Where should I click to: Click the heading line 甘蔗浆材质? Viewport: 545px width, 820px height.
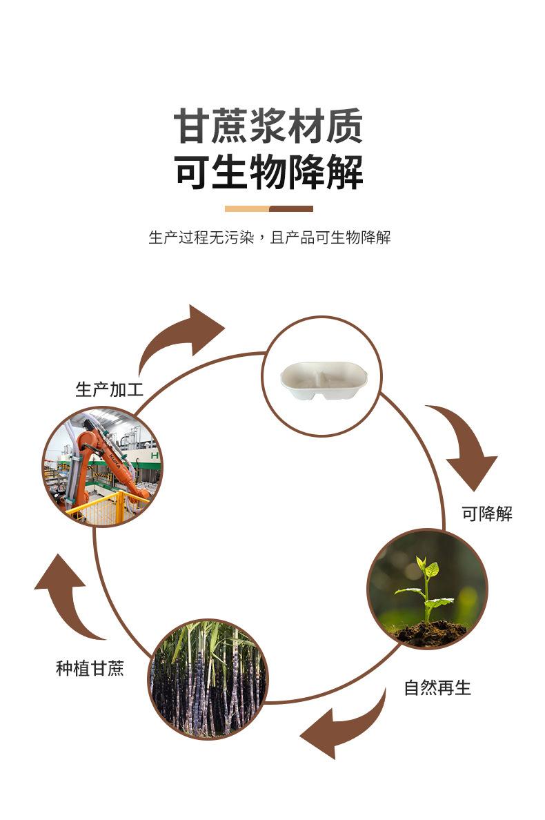tap(268, 126)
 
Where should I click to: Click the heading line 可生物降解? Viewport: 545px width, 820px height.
tap(268, 172)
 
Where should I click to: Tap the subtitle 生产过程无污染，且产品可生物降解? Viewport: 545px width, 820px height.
tap(270, 237)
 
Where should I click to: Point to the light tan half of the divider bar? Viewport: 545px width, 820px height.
tap(247, 208)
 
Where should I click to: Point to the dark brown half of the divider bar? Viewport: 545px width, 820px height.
tap(292, 208)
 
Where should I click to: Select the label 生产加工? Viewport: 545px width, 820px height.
tap(109, 389)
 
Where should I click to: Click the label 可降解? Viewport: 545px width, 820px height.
tap(487, 514)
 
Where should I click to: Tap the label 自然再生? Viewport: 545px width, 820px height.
tap(437, 687)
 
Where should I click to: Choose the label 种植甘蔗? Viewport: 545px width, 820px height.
tap(90, 668)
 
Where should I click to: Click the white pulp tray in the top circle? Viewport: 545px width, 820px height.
tap(324, 379)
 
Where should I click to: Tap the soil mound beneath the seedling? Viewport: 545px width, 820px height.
tap(430, 633)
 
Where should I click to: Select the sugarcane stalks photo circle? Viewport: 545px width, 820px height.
tap(208, 679)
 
